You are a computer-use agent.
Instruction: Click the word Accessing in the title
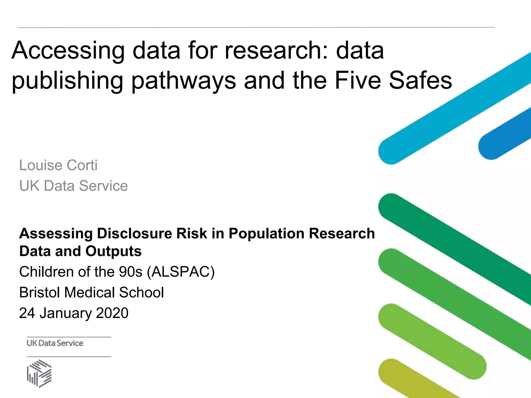(x=68, y=51)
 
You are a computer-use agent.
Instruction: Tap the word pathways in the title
(x=184, y=81)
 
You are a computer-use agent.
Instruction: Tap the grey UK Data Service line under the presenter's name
(x=74, y=186)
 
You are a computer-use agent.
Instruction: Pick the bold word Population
(x=266, y=233)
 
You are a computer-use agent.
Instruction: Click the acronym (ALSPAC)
(x=181, y=272)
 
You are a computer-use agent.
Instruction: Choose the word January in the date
(x=66, y=313)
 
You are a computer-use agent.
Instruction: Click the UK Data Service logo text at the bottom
(x=55, y=343)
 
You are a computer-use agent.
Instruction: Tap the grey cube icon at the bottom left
(x=39, y=373)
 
